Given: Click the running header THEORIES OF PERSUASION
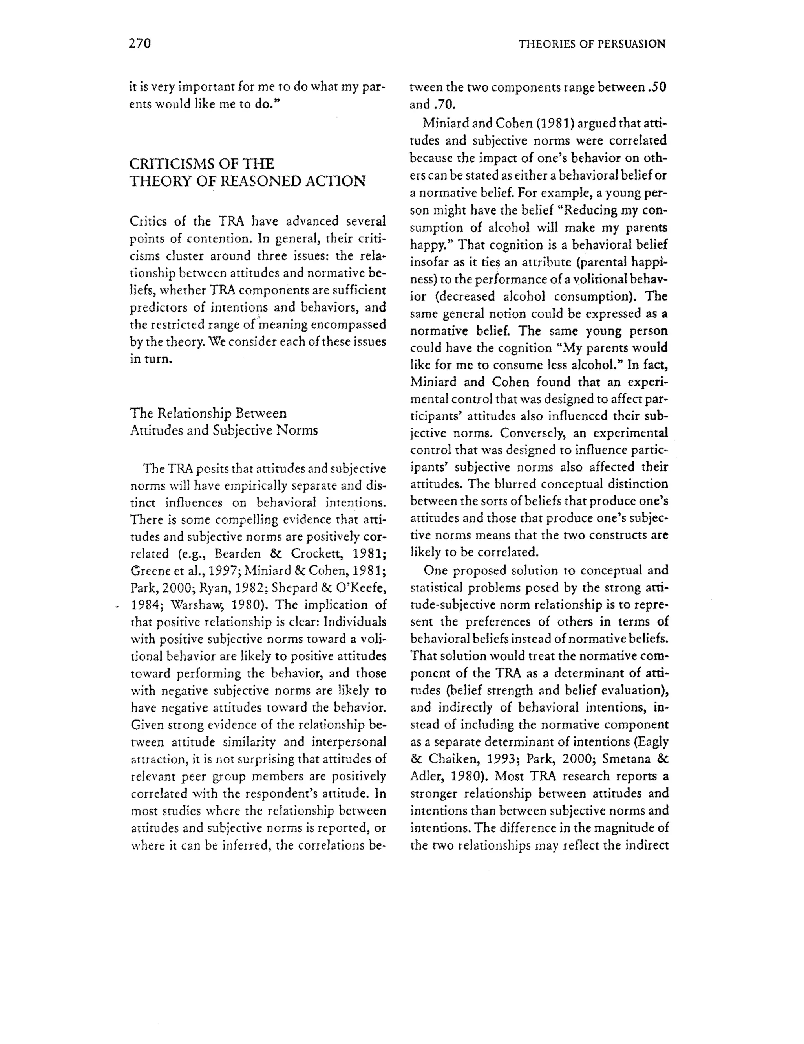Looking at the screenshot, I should pyautogui.click(x=591, y=44).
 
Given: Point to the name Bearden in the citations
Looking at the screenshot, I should pyautogui.click(x=238, y=554).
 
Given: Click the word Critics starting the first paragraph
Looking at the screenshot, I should pyautogui.click(x=148, y=221).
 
